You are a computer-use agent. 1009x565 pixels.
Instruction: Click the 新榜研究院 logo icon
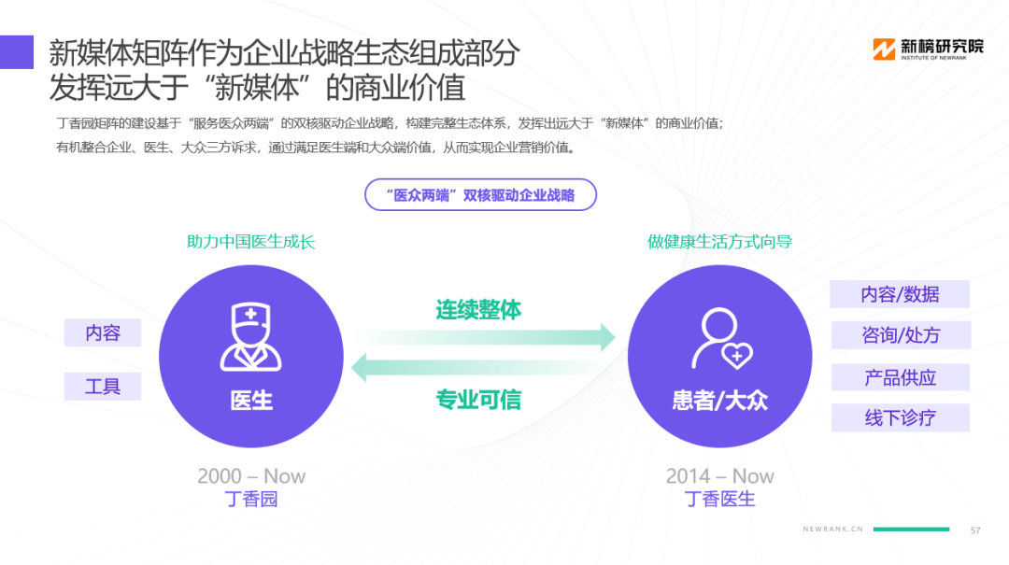pyautogui.click(x=884, y=49)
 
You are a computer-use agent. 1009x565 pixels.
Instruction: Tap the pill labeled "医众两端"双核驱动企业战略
pyautogui.click(x=481, y=195)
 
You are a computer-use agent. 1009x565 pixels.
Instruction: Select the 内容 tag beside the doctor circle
pyautogui.click(x=103, y=332)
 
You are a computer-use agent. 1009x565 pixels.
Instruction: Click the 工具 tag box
pyautogui.click(x=103, y=387)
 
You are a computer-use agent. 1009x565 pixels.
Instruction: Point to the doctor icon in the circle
pyautogui.click(x=251, y=336)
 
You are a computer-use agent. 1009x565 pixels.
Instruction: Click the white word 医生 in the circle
pyautogui.click(x=251, y=401)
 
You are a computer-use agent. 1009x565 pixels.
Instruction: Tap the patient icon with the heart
pyautogui.click(x=722, y=338)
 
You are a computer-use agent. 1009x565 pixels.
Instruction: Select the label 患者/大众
pyautogui.click(x=720, y=401)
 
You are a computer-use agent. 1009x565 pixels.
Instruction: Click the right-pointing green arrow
pyautogui.click(x=484, y=337)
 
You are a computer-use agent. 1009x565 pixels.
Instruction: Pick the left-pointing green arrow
pyautogui.click(x=483, y=367)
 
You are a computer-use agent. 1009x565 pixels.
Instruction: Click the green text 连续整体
pyautogui.click(x=478, y=310)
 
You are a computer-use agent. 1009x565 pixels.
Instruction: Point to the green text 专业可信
pyautogui.click(x=478, y=400)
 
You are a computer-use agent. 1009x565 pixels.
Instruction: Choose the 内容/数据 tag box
pyautogui.click(x=900, y=294)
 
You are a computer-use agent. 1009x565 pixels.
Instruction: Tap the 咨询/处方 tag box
pyautogui.click(x=901, y=335)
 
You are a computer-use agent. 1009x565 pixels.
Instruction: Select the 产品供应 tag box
pyautogui.click(x=901, y=377)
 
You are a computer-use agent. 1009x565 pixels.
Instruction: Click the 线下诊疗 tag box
pyautogui.click(x=901, y=417)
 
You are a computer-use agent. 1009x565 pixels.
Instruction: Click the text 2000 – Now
pyautogui.click(x=251, y=476)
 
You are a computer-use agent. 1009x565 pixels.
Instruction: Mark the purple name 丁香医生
pyautogui.click(x=719, y=499)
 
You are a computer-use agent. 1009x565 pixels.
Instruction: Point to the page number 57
pyautogui.click(x=975, y=530)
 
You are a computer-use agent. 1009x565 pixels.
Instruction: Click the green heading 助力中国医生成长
pyautogui.click(x=251, y=242)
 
